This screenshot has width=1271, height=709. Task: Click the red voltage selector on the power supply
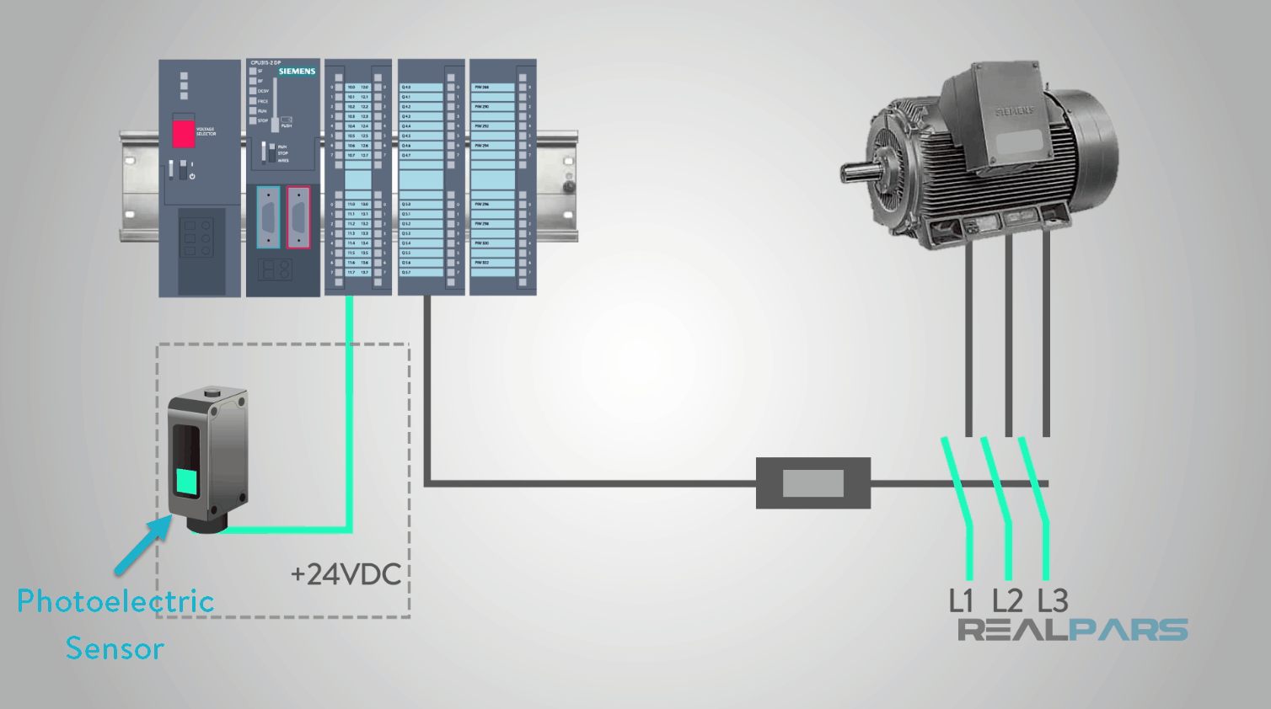pyautogui.click(x=184, y=134)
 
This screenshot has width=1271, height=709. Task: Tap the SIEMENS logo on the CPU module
pyautogui.click(x=297, y=72)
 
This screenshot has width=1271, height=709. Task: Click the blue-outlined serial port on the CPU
pyautogui.click(x=268, y=217)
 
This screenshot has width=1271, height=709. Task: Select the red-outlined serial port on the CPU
pyautogui.click(x=298, y=217)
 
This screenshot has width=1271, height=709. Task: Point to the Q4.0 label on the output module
pyautogui.click(x=406, y=88)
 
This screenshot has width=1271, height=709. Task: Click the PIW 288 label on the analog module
pyautogui.click(x=481, y=88)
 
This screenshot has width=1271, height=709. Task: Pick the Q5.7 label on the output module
pyautogui.click(x=406, y=273)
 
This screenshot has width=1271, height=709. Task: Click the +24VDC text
pyautogui.click(x=346, y=575)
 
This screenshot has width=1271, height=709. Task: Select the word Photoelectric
pyautogui.click(x=115, y=601)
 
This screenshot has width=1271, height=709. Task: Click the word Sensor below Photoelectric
pyautogui.click(x=115, y=649)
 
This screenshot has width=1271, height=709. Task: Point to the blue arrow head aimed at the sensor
pyautogui.click(x=161, y=525)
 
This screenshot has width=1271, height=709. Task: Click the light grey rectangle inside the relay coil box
pyautogui.click(x=813, y=483)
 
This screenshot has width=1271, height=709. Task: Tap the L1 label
pyautogui.click(x=961, y=601)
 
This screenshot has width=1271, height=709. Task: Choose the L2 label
pyautogui.click(x=1007, y=601)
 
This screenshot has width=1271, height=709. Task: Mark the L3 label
pyautogui.click(x=1053, y=601)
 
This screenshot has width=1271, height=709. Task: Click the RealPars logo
pyautogui.click(x=1073, y=630)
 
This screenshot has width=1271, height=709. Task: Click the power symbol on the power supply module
pyautogui.click(x=192, y=176)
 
